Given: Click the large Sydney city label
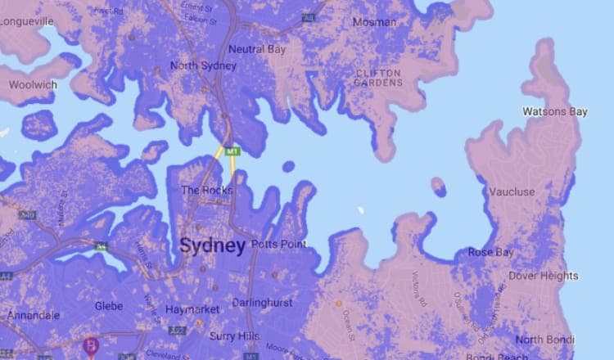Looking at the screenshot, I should [212, 245].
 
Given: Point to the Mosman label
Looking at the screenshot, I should [374, 22].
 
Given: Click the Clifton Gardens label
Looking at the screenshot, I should [379, 78].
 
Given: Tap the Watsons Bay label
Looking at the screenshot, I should [553, 111].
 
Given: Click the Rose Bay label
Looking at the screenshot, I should [491, 252].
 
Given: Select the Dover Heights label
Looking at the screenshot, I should [543, 277].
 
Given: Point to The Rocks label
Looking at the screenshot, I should [206, 191].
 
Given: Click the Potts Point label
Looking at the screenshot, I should [279, 245].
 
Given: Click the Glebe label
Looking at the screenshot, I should [108, 306].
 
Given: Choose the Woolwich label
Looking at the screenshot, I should [32, 84].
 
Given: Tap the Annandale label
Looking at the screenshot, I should [34, 315].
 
